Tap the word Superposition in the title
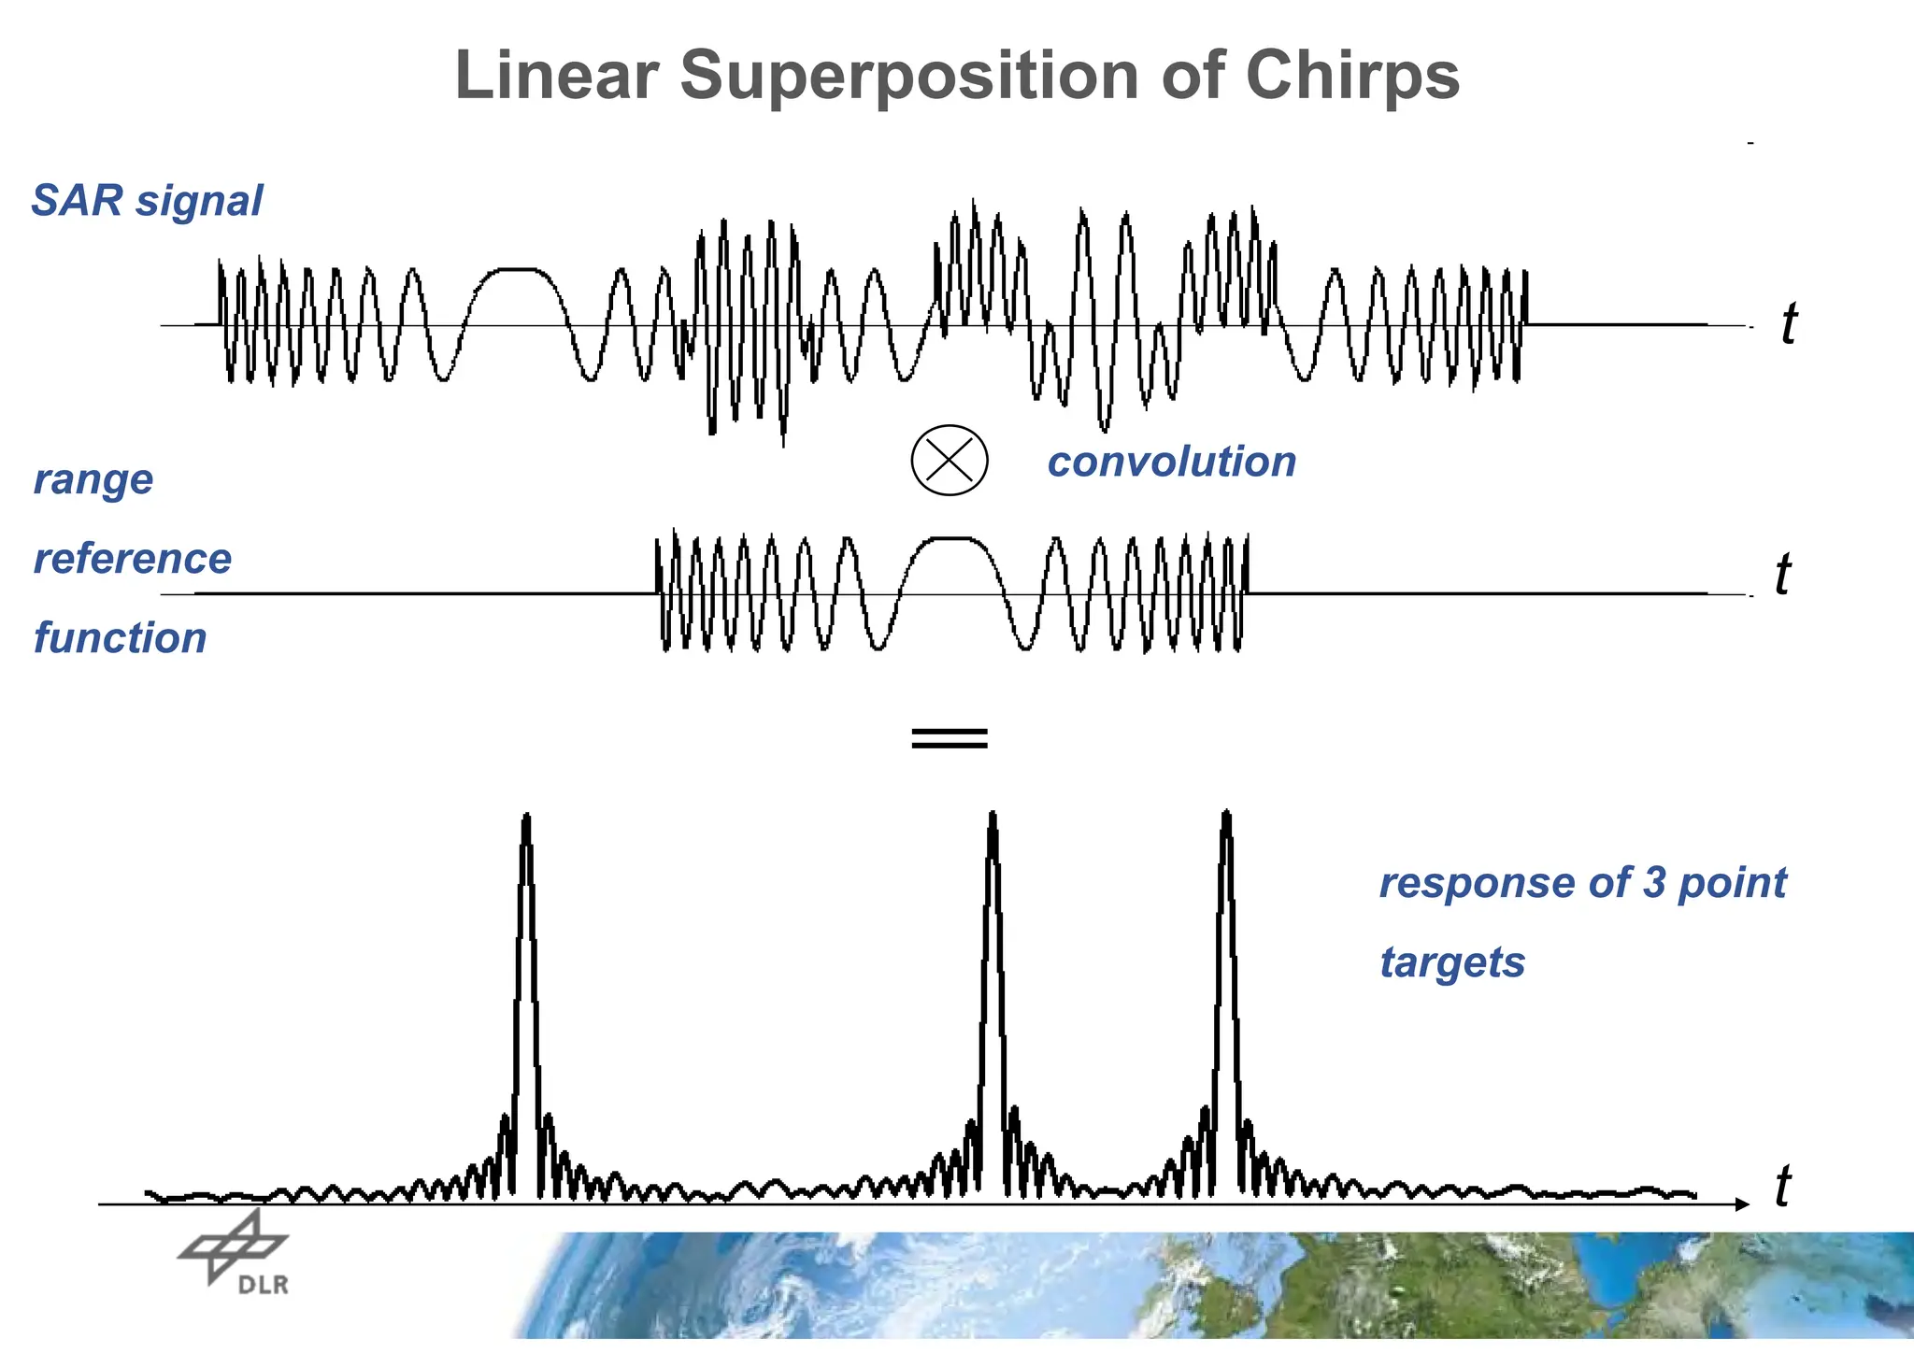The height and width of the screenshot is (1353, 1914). click(908, 77)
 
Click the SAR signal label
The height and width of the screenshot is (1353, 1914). click(147, 201)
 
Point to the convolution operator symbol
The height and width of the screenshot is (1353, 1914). click(949, 460)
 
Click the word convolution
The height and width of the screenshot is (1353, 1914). click(1171, 462)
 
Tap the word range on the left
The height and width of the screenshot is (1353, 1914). click(93, 480)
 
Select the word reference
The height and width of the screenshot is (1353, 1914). click(133, 559)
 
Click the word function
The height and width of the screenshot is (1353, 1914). click(120, 638)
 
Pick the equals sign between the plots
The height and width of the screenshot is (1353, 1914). click(949, 738)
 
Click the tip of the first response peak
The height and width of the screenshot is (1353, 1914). click(527, 817)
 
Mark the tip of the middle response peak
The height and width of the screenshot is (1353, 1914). click(993, 814)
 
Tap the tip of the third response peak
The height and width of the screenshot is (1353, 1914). click(1226, 813)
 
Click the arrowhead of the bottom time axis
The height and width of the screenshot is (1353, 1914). click(1741, 1204)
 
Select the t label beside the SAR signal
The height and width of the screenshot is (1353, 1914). click(1788, 324)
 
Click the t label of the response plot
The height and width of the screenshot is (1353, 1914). click(1782, 1187)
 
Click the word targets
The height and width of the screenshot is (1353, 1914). click(1452, 962)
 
